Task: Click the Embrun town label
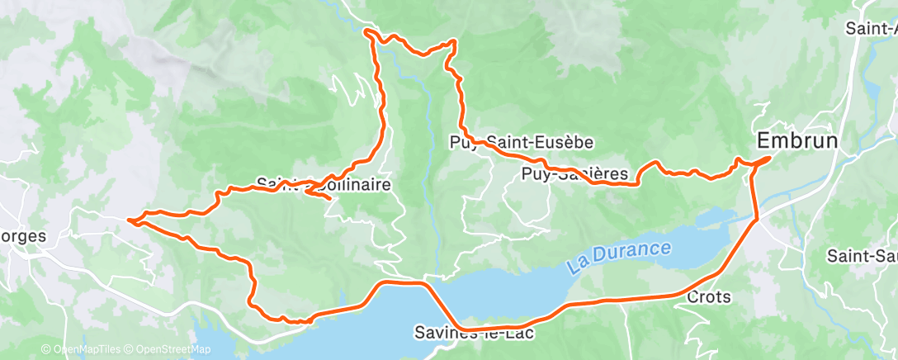coord(797,141)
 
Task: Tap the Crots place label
coord(708,296)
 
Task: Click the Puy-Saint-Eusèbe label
coord(522,142)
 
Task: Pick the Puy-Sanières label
coord(580,174)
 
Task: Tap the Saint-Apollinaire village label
coord(323,184)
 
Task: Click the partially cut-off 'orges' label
coord(22,235)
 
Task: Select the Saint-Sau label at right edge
coord(863,256)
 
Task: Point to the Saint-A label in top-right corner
coord(871,28)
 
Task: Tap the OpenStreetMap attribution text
coord(168,349)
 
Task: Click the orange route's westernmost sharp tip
coord(130,220)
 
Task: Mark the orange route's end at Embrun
coord(768,158)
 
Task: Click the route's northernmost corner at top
coord(368,32)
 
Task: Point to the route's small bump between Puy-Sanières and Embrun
coord(655,163)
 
